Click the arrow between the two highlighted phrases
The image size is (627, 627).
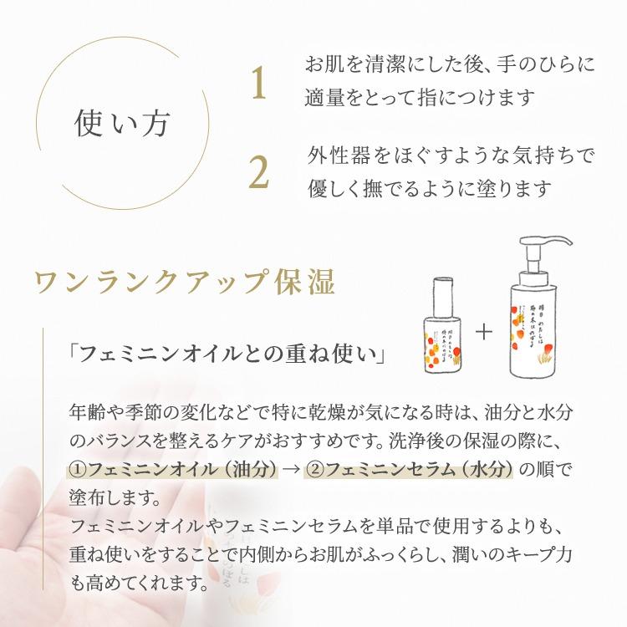click(x=291, y=468)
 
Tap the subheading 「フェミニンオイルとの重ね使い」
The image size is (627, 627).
click(x=227, y=354)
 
